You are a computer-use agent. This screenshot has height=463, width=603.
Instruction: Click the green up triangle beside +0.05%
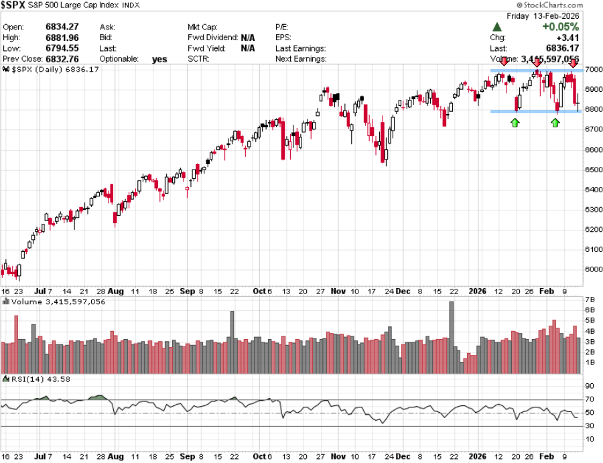[x=497, y=27]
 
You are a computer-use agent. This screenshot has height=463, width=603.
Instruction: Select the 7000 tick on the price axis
[x=592, y=69]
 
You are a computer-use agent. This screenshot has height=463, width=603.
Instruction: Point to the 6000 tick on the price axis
[x=592, y=269]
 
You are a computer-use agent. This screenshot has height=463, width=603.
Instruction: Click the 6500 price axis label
[x=592, y=170]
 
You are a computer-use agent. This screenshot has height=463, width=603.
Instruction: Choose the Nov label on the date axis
[x=338, y=291]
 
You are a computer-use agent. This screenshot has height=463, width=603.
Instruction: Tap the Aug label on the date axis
[x=116, y=291]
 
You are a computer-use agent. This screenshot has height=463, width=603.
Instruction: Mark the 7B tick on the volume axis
[x=590, y=300]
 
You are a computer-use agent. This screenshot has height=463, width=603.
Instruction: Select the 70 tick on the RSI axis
[x=589, y=400]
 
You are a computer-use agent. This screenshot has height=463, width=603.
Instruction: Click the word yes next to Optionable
[x=159, y=59]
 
